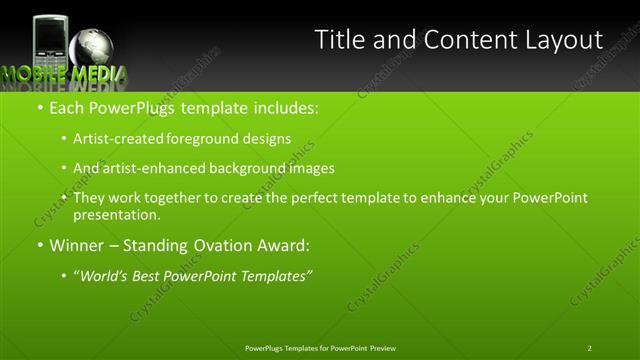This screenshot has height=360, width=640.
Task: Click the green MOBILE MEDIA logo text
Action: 64,75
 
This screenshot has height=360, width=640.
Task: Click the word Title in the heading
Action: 339,40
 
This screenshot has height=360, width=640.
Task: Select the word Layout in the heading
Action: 560,40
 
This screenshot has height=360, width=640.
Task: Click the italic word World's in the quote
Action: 104,274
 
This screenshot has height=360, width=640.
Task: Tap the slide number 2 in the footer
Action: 590,348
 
